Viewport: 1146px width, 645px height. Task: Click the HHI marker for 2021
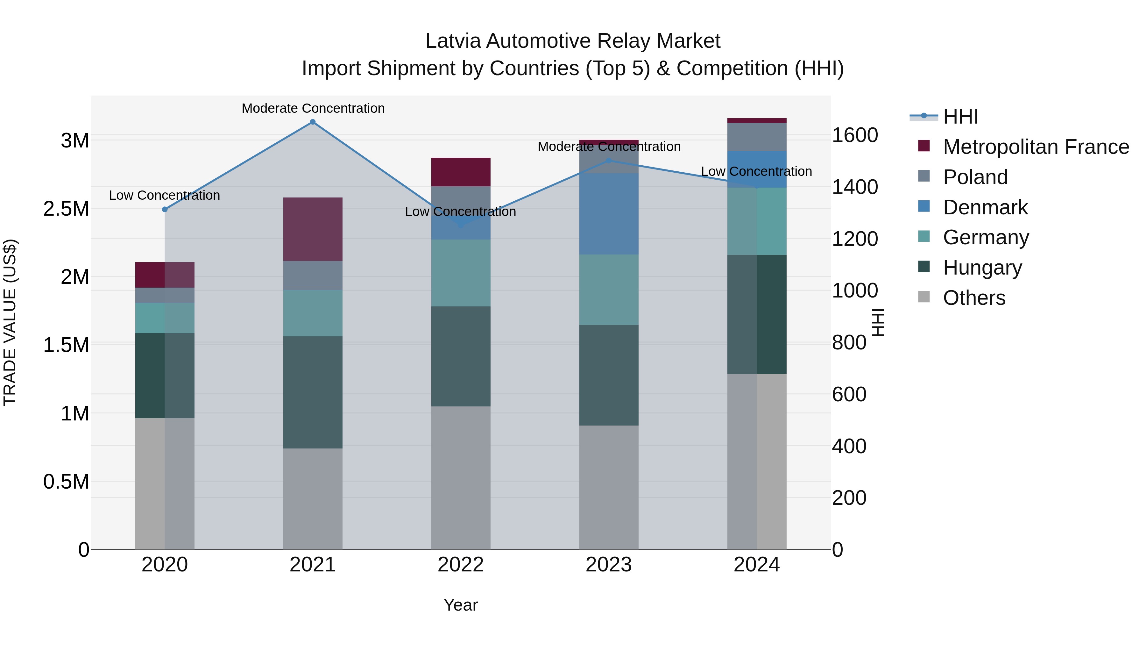tap(313, 122)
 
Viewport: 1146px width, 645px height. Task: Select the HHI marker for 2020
tap(165, 209)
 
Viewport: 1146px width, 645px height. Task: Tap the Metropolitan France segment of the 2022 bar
tap(461, 172)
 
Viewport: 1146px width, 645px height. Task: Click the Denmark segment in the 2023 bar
tap(609, 214)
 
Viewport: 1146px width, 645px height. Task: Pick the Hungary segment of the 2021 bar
tap(313, 392)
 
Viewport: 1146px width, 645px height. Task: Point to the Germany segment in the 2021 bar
tap(313, 313)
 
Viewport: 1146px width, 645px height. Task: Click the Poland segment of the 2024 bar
tap(757, 137)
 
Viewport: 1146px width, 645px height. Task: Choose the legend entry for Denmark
tap(985, 207)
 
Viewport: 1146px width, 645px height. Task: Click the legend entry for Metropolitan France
tap(1036, 147)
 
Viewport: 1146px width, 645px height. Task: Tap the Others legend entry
tap(974, 298)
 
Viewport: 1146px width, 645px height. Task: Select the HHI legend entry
tap(960, 117)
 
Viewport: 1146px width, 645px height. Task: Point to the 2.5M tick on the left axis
tap(66, 209)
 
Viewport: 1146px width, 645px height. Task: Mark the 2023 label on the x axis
tap(609, 565)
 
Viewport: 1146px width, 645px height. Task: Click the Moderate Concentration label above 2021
tap(313, 108)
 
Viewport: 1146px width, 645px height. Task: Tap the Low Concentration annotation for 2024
tap(756, 171)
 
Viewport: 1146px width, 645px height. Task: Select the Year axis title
tap(460, 605)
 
